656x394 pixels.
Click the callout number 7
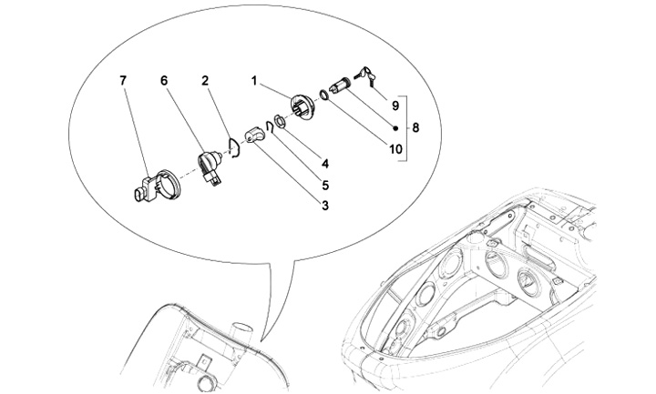tap(123, 81)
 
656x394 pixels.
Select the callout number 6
tap(164, 81)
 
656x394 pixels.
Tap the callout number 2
tap(205, 81)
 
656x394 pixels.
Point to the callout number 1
tap(254, 81)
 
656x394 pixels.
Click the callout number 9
tap(395, 106)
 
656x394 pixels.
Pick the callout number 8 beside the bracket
tap(415, 128)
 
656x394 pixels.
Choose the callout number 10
tap(395, 148)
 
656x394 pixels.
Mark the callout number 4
tap(324, 164)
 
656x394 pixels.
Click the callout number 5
tap(324, 185)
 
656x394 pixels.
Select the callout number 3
tap(324, 206)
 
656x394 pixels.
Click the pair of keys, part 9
tap(365, 76)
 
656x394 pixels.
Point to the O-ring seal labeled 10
tap(323, 96)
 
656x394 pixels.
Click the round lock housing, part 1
tap(303, 106)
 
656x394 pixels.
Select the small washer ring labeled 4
tap(279, 121)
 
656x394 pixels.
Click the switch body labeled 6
tap(210, 166)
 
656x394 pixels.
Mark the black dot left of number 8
tap(395, 128)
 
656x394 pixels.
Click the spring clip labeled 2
tap(235, 148)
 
